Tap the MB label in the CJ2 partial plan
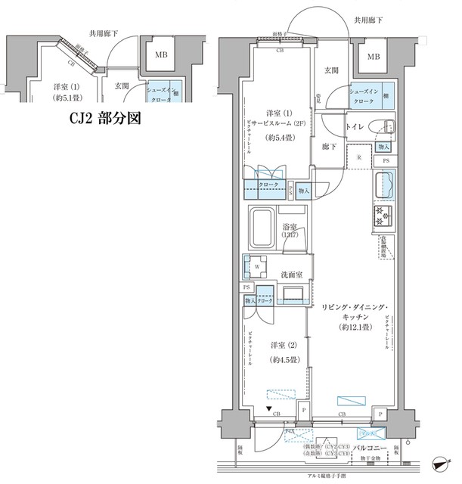[160, 56]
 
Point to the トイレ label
[356, 127]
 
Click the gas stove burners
[382, 216]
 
